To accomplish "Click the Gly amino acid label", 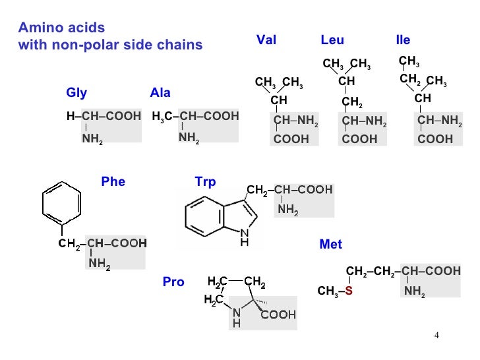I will pos(76,92).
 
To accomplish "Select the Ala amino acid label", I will pos(160,92).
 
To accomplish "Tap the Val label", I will pos(266,40).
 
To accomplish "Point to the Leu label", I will pos(332,40).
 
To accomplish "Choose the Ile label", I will pos(402,40).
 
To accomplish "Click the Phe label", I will pos(113,182).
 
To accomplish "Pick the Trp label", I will pos(205,182).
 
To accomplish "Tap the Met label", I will pos(330,245).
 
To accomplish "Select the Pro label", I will pos(173,282).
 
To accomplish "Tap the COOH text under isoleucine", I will pos(436,139).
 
